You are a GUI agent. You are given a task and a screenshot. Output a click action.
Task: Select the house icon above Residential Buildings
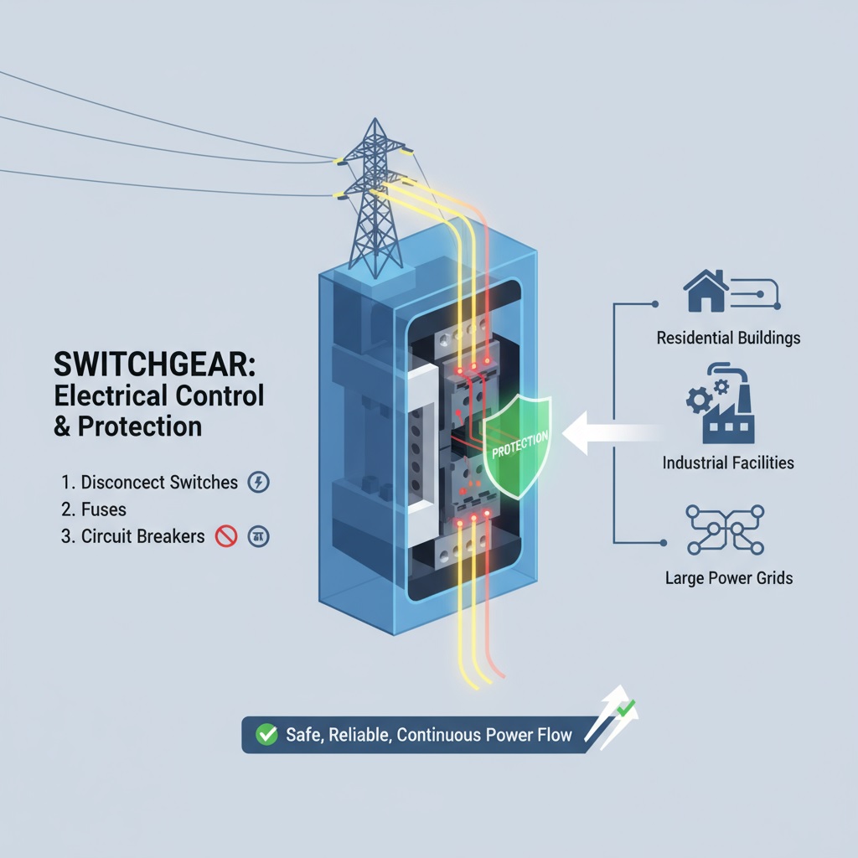pos(706,291)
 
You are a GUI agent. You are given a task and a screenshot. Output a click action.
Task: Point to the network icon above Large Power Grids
pos(726,529)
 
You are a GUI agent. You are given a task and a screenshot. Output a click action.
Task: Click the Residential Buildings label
pos(728,339)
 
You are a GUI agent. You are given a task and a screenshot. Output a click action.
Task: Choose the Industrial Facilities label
pos(728,463)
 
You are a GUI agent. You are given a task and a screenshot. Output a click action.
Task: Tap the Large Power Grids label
pos(728,578)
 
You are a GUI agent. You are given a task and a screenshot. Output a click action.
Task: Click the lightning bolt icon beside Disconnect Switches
pos(260,483)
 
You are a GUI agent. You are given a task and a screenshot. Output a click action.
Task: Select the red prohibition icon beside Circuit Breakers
pos(226,536)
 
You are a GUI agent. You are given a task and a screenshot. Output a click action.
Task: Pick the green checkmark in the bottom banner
pos(266,735)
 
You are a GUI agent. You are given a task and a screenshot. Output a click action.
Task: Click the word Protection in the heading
pos(141,426)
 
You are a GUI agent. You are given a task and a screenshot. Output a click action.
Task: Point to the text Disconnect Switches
pos(160,483)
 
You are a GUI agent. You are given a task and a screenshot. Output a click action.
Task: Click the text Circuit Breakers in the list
pos(143,536)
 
